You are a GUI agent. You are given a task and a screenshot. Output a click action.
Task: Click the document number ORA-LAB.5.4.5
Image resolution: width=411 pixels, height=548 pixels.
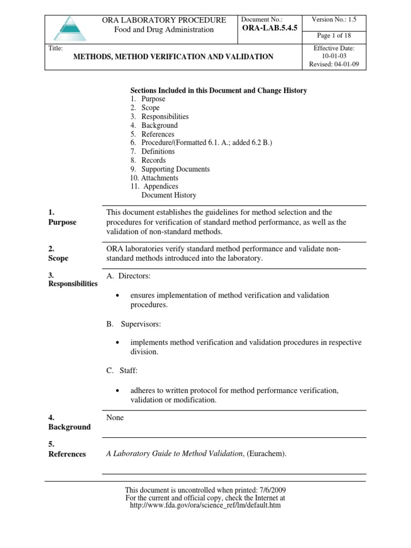point(270,28)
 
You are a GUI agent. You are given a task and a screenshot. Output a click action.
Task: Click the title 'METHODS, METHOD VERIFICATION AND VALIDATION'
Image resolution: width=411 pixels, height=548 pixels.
point(173,56)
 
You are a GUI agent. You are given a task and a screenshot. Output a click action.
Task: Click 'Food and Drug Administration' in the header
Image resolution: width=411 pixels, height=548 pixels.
point(164,30)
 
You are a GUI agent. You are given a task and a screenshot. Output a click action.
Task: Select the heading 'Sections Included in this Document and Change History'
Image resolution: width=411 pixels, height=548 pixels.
point(219,90)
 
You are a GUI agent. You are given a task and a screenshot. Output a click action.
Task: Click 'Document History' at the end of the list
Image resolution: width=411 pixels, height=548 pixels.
point(169,195)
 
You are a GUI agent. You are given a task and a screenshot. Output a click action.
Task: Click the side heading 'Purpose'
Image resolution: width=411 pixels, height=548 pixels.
point(62,222)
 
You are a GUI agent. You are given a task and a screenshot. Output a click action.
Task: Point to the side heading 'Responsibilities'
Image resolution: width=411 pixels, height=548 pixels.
point(73,284)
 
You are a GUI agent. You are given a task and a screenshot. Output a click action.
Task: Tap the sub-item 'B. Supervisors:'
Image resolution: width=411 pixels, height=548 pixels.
point(134,324)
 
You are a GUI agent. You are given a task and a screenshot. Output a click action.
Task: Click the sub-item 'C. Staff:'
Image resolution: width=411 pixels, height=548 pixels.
point(123,370)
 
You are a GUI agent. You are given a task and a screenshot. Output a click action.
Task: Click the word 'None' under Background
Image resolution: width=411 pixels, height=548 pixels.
point(115,417)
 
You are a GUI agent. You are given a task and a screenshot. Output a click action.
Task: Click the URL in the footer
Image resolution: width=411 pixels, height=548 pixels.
point(205,505)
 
